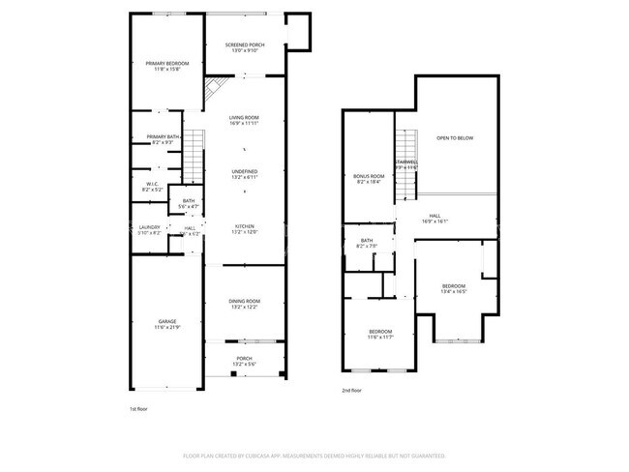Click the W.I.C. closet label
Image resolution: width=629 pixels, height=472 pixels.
coord(152,186)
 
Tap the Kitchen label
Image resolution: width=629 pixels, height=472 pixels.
coord(244,229)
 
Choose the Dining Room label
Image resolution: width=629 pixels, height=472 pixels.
coord(244,304)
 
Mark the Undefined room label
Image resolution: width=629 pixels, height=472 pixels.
coord(244,175)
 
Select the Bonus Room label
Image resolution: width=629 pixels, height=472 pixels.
coord(368,178)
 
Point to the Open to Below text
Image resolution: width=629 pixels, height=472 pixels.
coord(454,138)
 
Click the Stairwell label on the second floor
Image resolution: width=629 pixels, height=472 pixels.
coord(406,163)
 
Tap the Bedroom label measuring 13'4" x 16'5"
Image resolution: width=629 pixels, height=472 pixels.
coord(454,288)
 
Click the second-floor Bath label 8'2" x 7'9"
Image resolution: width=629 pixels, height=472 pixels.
coord(367,243)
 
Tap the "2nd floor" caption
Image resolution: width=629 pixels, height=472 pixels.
coord(352,390)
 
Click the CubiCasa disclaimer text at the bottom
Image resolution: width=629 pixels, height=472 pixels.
coord(314,456)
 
